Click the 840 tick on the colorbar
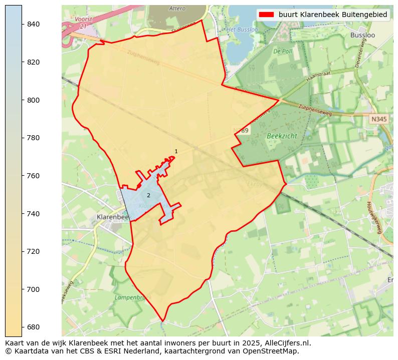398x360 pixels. click(22, 24)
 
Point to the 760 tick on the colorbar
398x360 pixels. click(22, 176)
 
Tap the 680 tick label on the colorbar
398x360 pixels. click(33, 327)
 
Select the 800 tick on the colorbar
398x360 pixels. click(22, 100)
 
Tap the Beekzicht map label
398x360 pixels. click(282, 136)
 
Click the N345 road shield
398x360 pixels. click(379, 119)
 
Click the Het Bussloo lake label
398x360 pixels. click(243, 30)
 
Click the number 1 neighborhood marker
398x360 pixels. click(176, 151)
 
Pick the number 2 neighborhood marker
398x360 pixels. click(148, 195)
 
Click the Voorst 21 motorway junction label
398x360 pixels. click(80, 22)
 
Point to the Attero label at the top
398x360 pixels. click(177, 9)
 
